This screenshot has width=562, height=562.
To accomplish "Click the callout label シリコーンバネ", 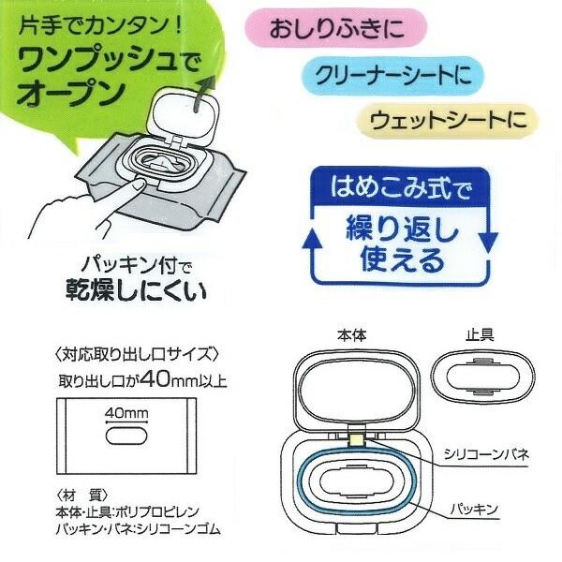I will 488,453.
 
